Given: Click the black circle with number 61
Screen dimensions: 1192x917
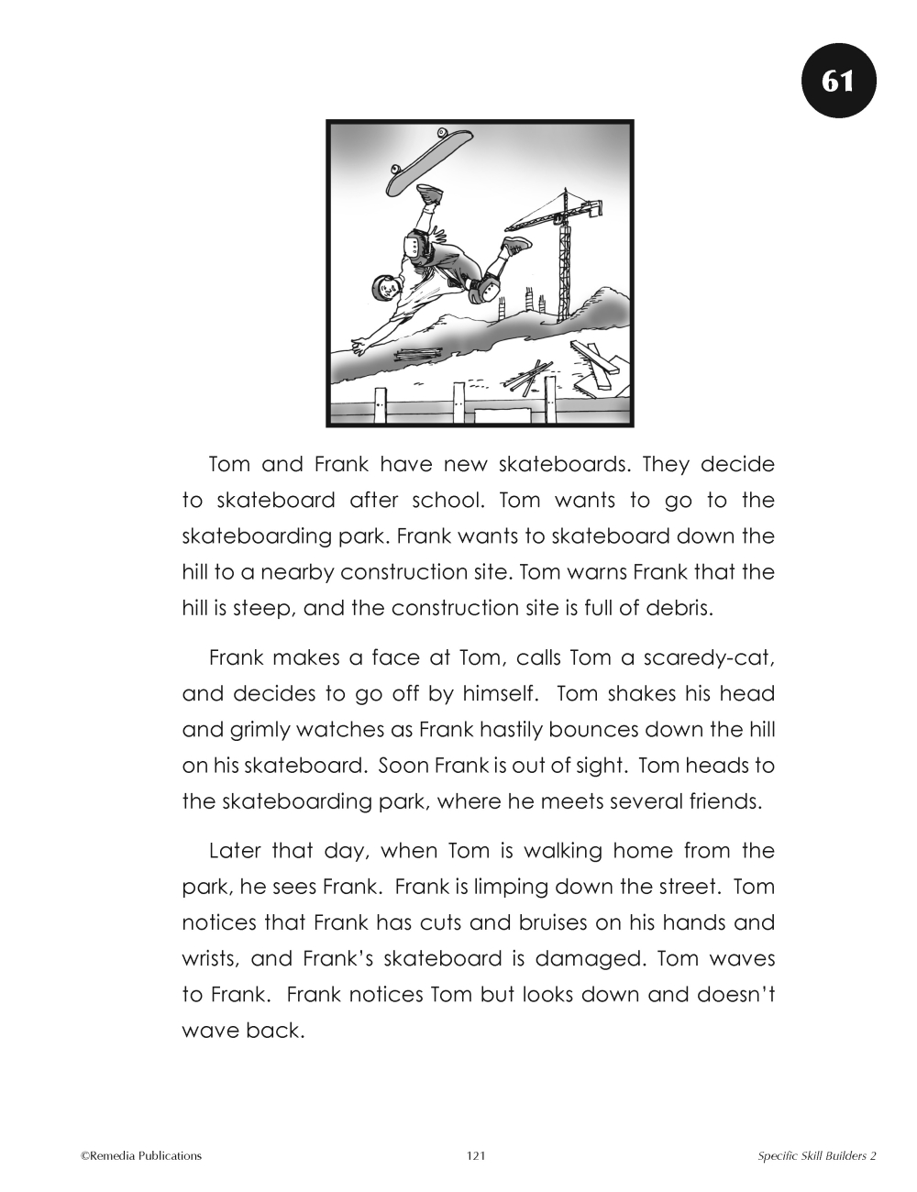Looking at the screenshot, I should coord(839,81).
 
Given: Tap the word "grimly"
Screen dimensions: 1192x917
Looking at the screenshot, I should coord(254,730).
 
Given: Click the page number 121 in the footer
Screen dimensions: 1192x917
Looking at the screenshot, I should coord(475,1156).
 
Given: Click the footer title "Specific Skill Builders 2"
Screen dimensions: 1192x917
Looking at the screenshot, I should coord(817,1156).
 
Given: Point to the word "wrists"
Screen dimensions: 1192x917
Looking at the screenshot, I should coord(210,958).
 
